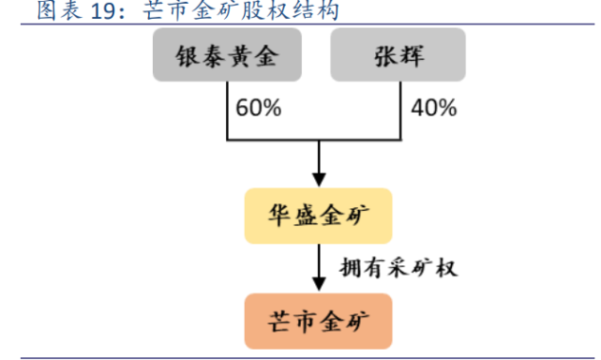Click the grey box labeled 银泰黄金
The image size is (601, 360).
point(229,55)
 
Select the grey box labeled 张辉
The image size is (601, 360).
point(398,55)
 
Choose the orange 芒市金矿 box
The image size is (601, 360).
point(319,319)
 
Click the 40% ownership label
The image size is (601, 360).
point(433,108)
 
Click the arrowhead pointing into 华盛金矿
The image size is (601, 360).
point(320,178)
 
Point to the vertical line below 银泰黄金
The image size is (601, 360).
point(227,110)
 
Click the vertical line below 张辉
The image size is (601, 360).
point(401,110)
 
